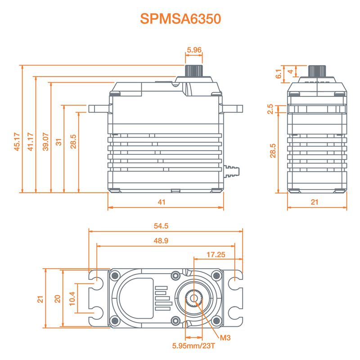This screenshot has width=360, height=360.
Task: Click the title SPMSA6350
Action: [x=180, y=19]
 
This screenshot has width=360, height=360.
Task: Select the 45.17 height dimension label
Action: [x=17, y=142]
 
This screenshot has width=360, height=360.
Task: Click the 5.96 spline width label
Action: [x=194, y=49]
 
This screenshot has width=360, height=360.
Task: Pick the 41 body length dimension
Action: [x=162, y=202]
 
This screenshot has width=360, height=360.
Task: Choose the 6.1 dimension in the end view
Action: [x=279, y=73]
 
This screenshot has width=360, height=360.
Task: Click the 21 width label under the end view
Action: [x=315, y=202]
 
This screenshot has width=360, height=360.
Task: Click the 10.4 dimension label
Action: [x=73, y=298]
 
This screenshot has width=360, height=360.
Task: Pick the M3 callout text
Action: [x=225, y=337]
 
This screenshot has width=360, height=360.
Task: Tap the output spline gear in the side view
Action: [x=194, y=71]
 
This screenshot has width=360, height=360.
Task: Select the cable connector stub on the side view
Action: [x=232, y=171]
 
